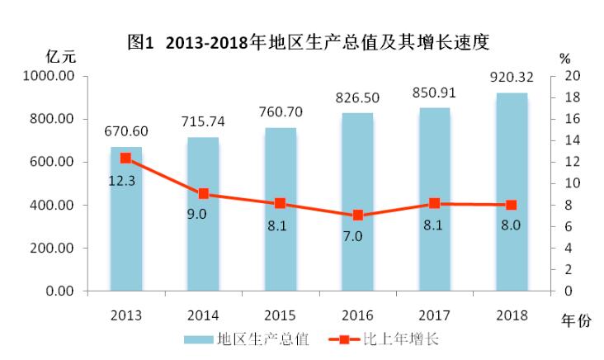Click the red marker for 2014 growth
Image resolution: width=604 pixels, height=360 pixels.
(203, 194)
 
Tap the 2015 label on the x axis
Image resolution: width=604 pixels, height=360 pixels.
(281, 315)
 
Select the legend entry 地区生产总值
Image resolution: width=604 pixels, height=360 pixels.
(248, 339)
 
